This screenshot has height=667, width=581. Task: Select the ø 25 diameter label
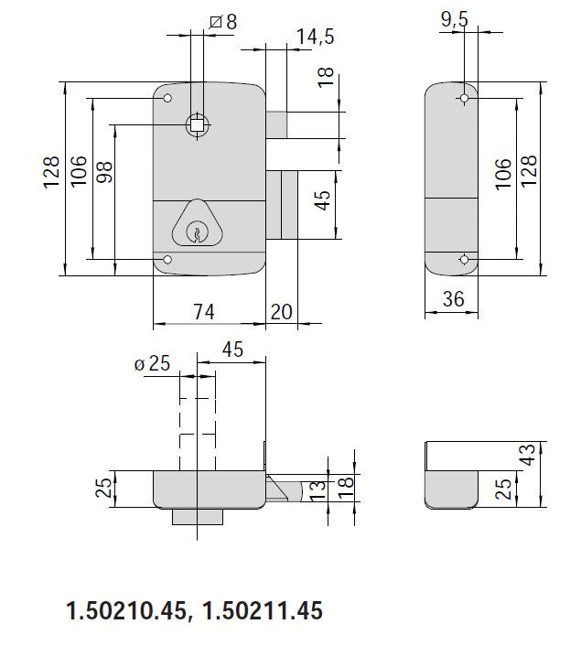point(153,363)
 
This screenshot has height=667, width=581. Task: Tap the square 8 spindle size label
point(223,20)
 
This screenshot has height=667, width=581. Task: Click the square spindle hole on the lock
point(197,124)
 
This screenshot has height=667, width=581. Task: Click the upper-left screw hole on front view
point(167,98)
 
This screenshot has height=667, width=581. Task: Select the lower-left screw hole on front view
point(167,262)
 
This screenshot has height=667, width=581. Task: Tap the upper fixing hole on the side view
point(465,98)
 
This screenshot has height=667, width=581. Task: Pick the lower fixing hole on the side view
point(465,262)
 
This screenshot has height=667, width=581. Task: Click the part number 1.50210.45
point(125,610)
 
